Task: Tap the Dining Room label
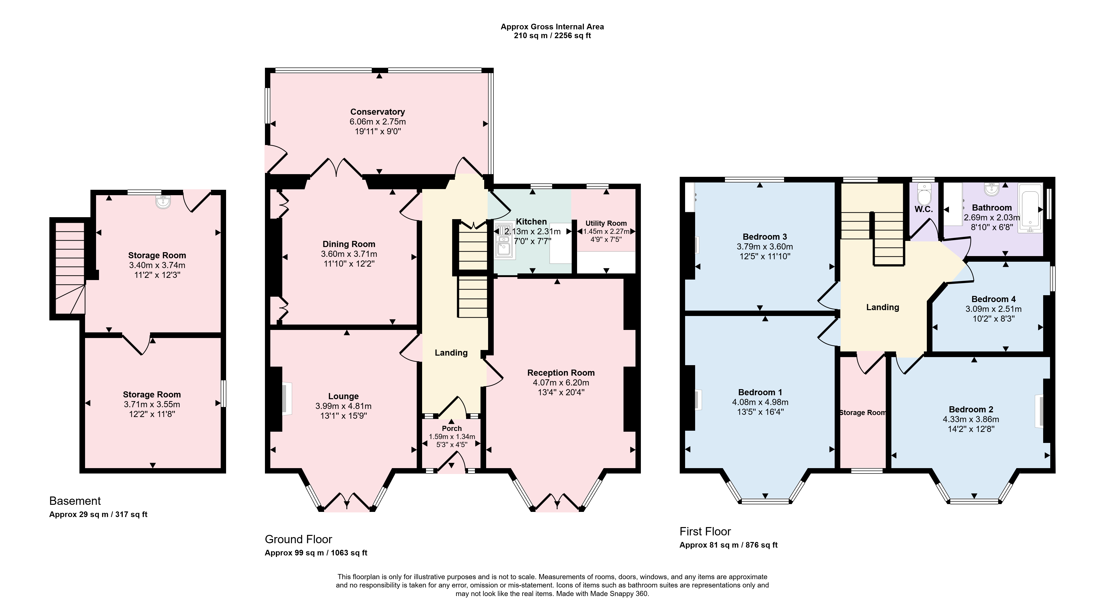tap(349, 244)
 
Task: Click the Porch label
tap(452, 428)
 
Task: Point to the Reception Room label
tap(561, 372)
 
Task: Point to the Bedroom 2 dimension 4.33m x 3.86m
tap(971, 419)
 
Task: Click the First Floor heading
tap(705, 531)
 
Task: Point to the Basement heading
tap(75, 501)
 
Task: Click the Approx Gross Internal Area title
tap(552, 27)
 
